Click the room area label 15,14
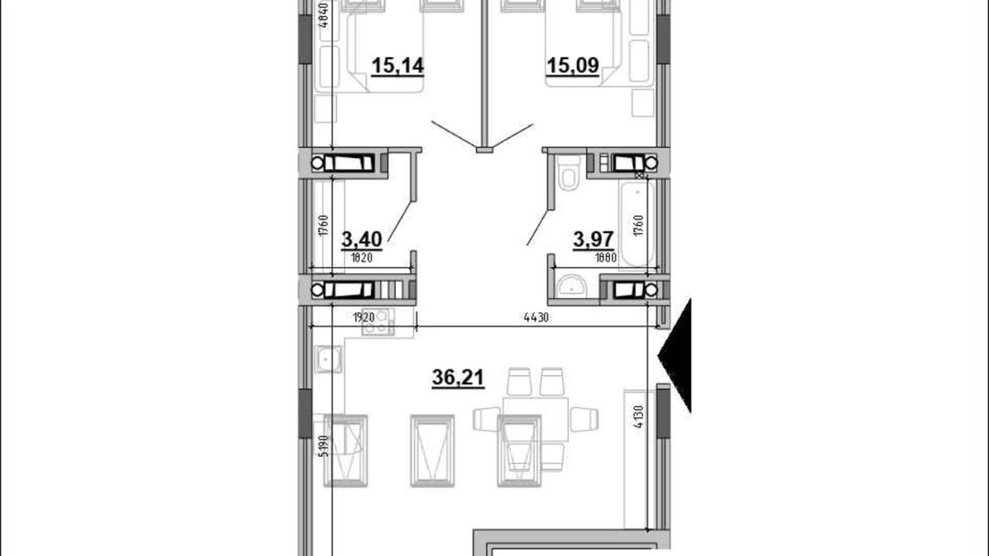[397, 66]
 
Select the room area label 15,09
[572, 65]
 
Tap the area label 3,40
[361, 239]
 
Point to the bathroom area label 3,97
[593, 239]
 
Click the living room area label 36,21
[458, 377]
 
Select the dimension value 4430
[536, 318]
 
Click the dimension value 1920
[364, 318]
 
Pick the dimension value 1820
[361, 258]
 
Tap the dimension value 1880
[606, 258]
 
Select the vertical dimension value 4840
[323, 14]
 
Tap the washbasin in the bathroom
[571, 287]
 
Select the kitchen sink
[328, 359]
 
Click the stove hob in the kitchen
[377, 322]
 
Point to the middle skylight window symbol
[432, 451]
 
